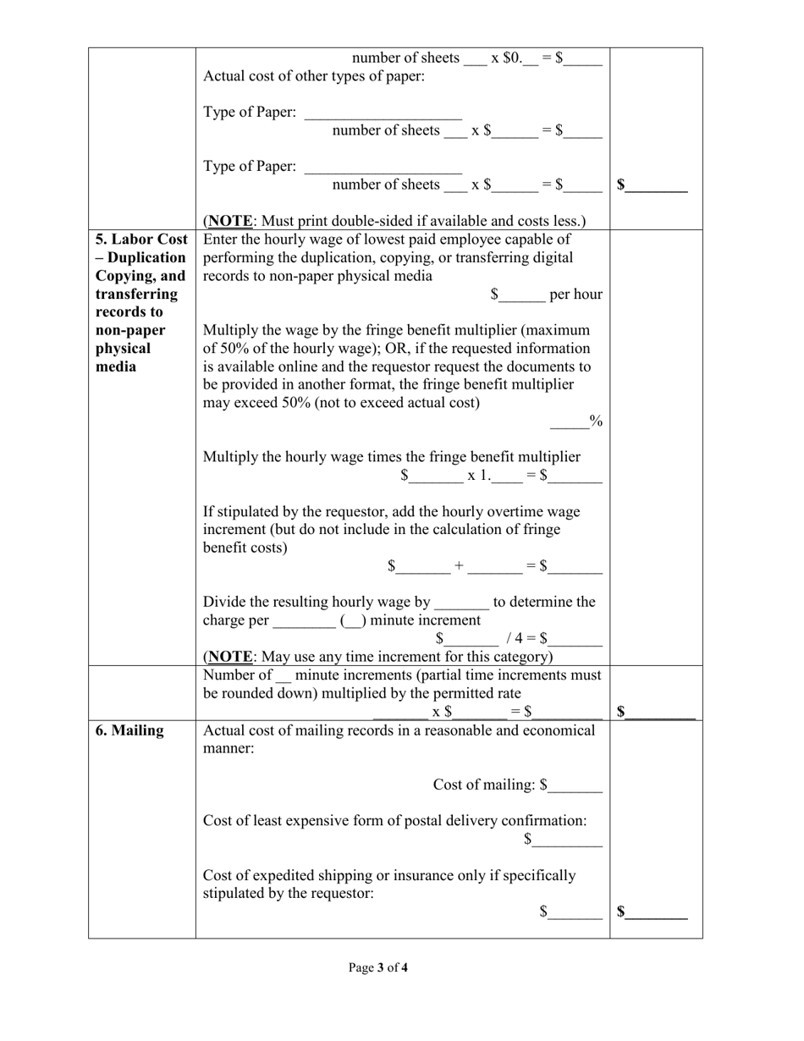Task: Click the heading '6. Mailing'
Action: point(129,730)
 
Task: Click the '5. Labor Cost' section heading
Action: point(141,240)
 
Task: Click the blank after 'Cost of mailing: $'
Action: point(575,785)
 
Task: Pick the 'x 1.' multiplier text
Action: point(478,476)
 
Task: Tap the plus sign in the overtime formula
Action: point(459,565)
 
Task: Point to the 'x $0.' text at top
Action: point(506,58)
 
